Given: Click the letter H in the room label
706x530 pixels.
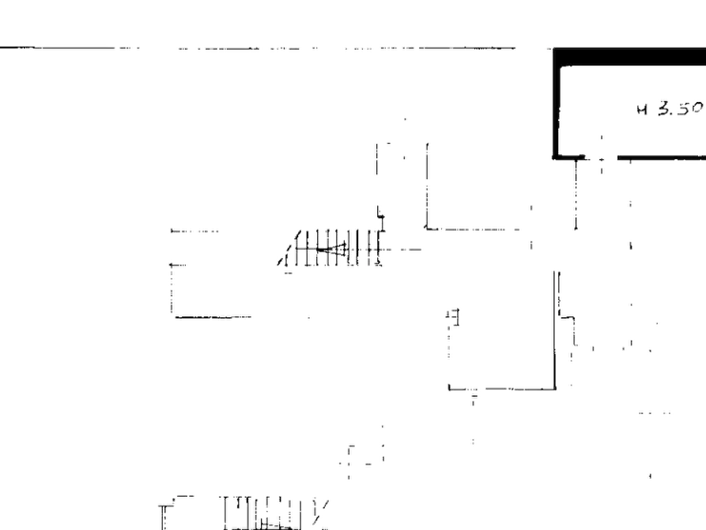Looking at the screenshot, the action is (x=642, y=109).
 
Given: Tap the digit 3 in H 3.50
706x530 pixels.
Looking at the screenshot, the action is (x=664, y=108).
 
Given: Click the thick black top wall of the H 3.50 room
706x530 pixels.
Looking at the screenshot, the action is (x=629, y=57).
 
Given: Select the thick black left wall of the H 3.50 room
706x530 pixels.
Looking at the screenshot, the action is (x=557, y=103).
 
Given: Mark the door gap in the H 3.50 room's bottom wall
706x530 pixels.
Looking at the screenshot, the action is (x=601, y=157).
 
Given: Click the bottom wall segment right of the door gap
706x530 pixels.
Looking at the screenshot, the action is (x=662, y=157).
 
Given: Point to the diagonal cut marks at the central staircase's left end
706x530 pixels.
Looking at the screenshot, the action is (x=288, y=249).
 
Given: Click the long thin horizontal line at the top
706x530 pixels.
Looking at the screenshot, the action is (x=258, y=47).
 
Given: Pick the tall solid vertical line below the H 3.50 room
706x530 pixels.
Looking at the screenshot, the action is (x=555, y=330).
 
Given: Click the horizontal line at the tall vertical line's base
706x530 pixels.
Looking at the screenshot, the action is (x=502, y=388).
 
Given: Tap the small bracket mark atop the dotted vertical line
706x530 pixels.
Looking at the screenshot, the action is (x=454, y=316).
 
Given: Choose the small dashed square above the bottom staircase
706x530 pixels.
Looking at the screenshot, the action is (x=365, y=455).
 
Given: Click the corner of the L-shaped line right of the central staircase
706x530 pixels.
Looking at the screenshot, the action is (x=427, y=229).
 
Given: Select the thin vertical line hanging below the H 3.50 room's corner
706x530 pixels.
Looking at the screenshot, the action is (x=576, y=195).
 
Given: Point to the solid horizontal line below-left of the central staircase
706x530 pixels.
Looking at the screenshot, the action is (x=213, y=317).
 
